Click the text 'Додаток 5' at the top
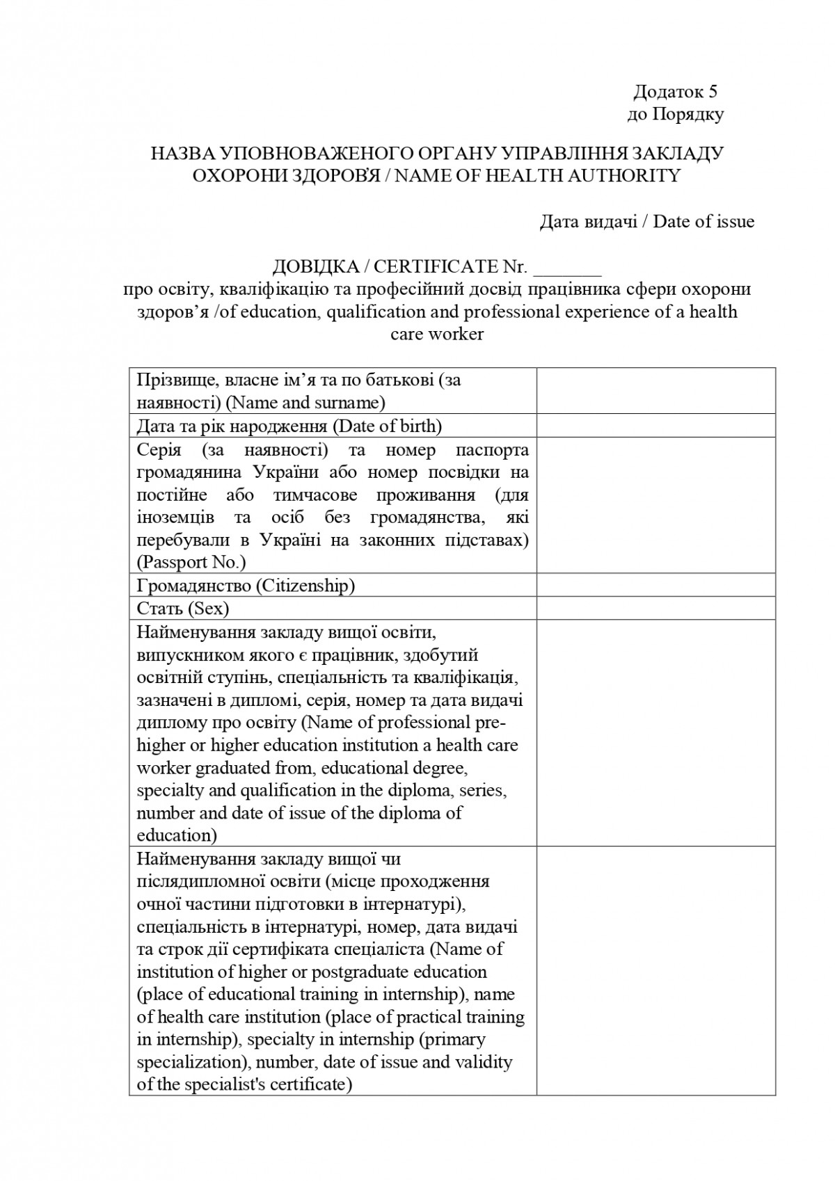(x=675, y=92)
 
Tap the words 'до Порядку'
(x=675, y=114)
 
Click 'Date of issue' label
(x=703, y=221)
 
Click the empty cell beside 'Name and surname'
(x=655, y=391)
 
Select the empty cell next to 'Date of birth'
(x=655, y=426)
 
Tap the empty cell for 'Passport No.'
(x=655, y=505)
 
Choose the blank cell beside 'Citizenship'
(x=655, y=586)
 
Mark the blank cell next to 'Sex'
(x=655, y=609)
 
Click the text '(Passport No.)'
(x=191, y=562)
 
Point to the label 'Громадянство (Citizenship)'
(x=246, y=586)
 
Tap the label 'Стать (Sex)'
(x=183, y=609)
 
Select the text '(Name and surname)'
(x=306, y=403)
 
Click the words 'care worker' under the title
(x=437, y=334)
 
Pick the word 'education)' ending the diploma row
(x=177, y=835)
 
